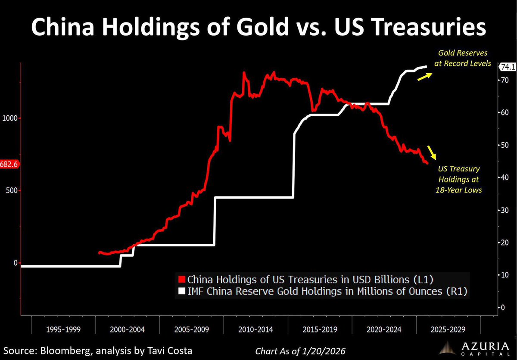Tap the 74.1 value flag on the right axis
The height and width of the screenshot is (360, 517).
(x=507, y=67)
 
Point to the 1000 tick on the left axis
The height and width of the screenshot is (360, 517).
(x=12, y=118)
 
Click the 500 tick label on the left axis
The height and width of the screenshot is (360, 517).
(x=13, y=190)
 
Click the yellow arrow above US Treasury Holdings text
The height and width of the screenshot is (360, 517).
(x=431, y=152)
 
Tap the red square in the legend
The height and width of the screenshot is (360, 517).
(x=182, y=278)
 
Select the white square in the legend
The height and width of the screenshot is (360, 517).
(x=182, y=292)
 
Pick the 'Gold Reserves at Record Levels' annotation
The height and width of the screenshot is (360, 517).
(x=464, y=58)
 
